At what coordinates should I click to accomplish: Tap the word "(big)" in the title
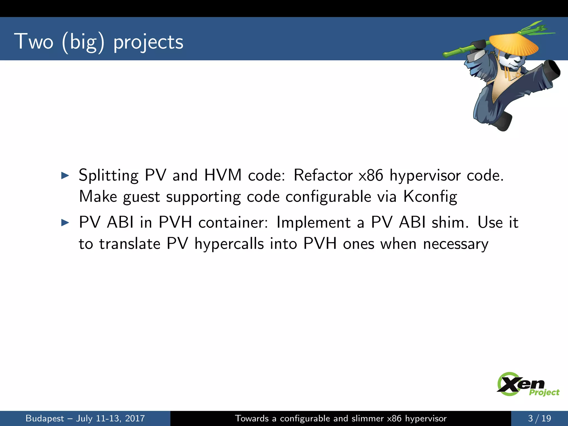pos(83,42)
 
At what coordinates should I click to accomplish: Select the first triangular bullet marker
pos(65,175)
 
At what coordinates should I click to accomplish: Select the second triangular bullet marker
pos(65,222)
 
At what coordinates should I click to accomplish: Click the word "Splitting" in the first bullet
pos(108,176)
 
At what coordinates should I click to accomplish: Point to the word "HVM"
pos(223,175)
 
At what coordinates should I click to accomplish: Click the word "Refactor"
pos(323,175)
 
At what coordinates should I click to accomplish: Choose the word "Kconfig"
pos(430,197)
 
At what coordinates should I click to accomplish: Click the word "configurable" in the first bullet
pos(328,197)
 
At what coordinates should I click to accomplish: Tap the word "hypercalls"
pos(229,244)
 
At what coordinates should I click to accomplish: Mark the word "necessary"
pos(456,244)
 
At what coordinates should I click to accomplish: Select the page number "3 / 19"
pos(539,418)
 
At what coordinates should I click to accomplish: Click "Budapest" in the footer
pos(45,418)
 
